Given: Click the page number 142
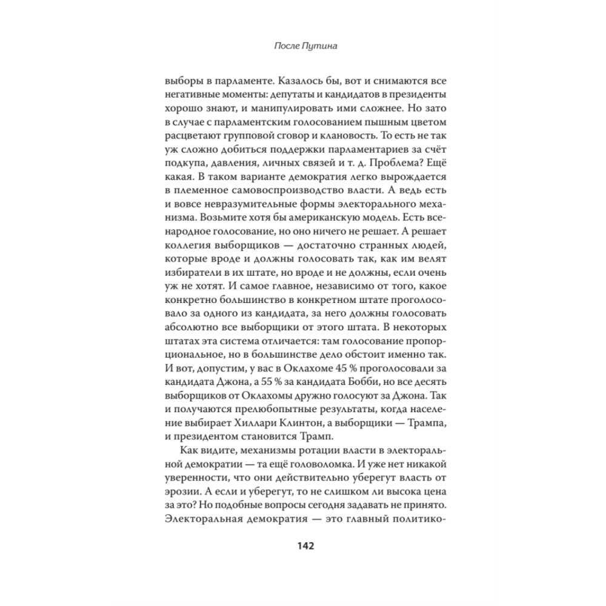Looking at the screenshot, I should click(x=304, y=546).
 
